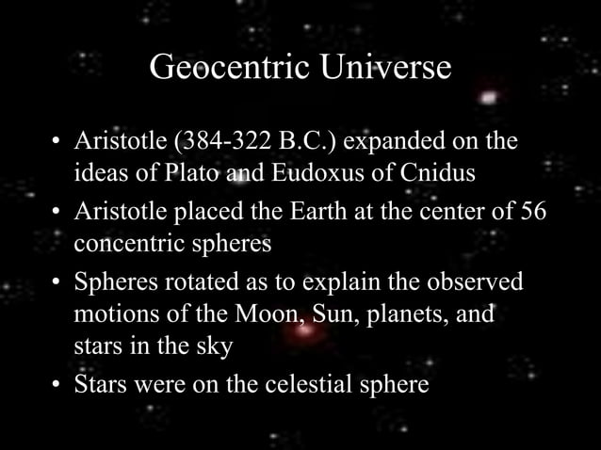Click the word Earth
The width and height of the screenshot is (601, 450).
point(292,212)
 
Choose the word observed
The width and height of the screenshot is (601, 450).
point(472,281)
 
